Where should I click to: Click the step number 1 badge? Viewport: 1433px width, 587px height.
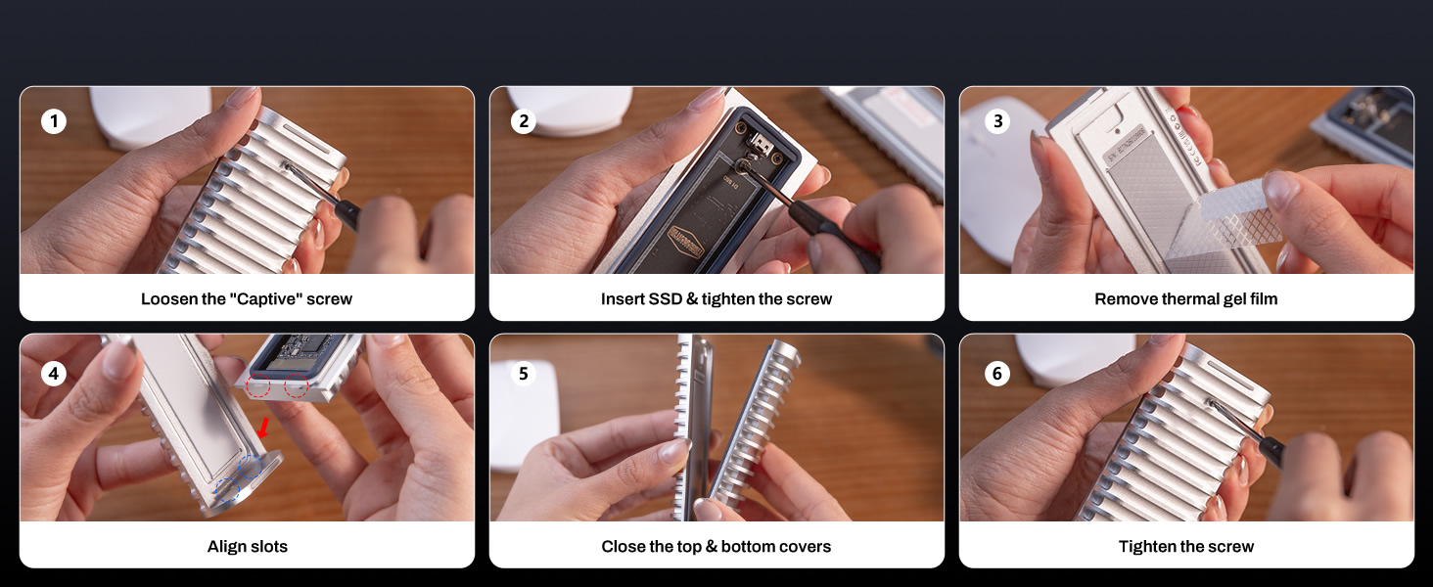point(54,122)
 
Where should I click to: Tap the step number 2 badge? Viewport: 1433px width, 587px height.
point(524,122)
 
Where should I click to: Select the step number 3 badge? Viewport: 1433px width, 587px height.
point(997,122)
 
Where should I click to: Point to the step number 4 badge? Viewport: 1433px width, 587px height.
point(54,374)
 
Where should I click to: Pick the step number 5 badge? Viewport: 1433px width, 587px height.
point(524,374)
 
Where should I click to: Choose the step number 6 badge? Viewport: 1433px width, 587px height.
point(997,374)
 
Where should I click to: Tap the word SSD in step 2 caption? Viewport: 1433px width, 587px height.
point(666,299)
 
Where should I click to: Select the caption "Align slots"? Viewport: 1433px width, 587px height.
point(247,547)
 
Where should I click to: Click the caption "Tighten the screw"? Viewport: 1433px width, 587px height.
point(1186,547)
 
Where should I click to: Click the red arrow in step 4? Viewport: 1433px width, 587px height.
point(262,427)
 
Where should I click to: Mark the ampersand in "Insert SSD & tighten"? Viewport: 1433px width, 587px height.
point(693,299)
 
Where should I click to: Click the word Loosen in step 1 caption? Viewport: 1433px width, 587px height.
point(170,299)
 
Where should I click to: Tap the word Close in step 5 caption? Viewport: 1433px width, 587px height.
point(623,547)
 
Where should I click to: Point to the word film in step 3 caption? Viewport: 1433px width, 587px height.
point(1263,299)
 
